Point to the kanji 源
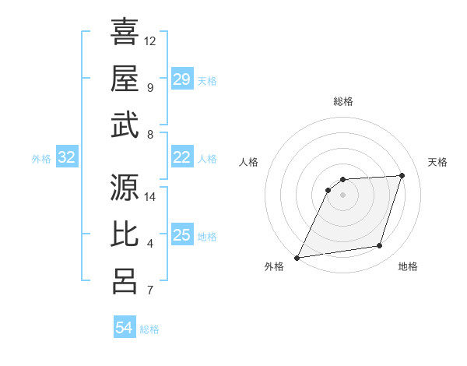pyautogui.click(x=125, y=188)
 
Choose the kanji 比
pyautogui.click(x=125, y=234)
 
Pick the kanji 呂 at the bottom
pyautogui.click(x=125, y=282)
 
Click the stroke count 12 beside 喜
pyautogui.click(x=150, y=40)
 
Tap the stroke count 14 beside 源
pyautogui.click(x=150, y=197)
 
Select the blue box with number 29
pyautogui.click(x=182, y=79)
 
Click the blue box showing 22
pyautogui.click(x=182, y=158)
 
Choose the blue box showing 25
pyautogui.click(x=182, y=236)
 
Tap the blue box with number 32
pyautogui.click(x=67, y=158)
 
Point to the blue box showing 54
pyautogui.click(x=125, y=329)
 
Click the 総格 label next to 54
pyautogui.click(x=149, y=329)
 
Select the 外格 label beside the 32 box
pyautogui.click(x=42, y=159)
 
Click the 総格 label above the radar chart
pyautogui.click(x=342, y=101)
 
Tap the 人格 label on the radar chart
pyautogui.click(x=248, y=162)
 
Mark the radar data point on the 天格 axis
pyautogui.click(x=402, y=175)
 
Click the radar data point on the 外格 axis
pyautogui.click(x=297, y=258)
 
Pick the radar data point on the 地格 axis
pyautogui.click(x=380, y=246)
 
